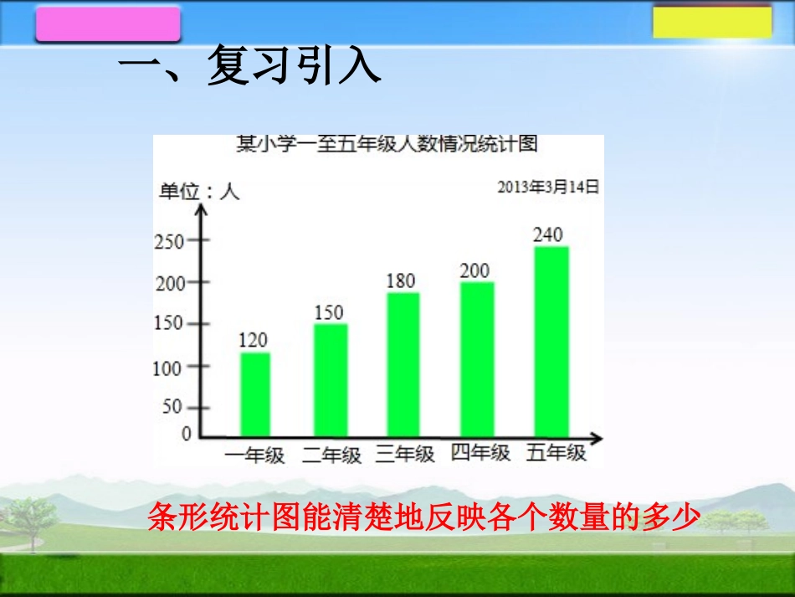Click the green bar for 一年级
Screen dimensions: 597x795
[x=254, y=394]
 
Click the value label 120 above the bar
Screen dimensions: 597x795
[x=253, y=340]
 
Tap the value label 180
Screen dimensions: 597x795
[x=400, y=280]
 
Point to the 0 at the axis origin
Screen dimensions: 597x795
[x=186, y=434]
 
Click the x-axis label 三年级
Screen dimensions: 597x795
[x=405, y=455]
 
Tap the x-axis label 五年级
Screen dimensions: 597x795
[x=556, y=454]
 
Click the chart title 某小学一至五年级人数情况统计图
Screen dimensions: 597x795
[x=386, y=144]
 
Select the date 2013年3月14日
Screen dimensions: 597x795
[x=548, y=188]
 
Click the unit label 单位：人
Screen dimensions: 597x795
[x=199, y=192]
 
